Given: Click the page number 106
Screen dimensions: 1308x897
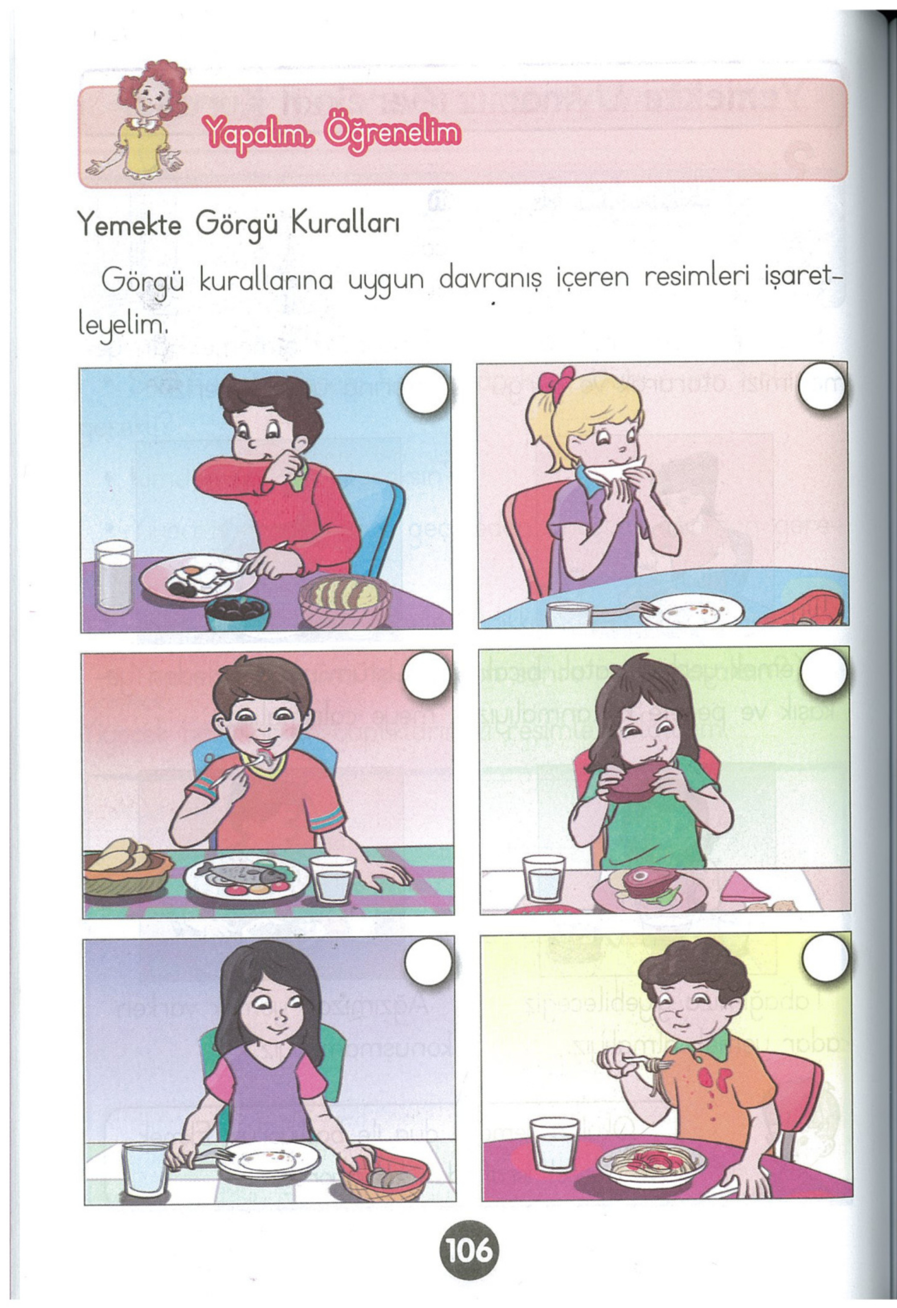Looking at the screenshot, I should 468,1251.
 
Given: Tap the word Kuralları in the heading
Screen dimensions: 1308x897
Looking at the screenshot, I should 345,225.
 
